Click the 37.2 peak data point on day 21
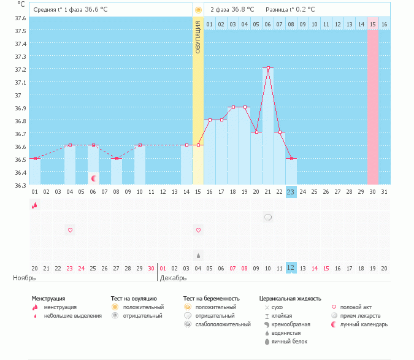point(268,68)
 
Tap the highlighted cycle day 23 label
point(291,192)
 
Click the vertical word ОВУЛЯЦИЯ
point(198,37)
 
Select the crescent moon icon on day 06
point(94,178)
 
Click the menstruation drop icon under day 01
point(35,205)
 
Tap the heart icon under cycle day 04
point(70,230)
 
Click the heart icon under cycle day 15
point(198,230)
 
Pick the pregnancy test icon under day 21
point(268,217)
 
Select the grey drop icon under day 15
point(198,255)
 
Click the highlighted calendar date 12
point(291,268)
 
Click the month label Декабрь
point(174,278)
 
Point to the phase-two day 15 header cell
point(373,25)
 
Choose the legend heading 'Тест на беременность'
point(212,298)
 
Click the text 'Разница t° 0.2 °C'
point(290,10)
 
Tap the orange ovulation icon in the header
point(198,10)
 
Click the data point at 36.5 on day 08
point(117,158)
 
